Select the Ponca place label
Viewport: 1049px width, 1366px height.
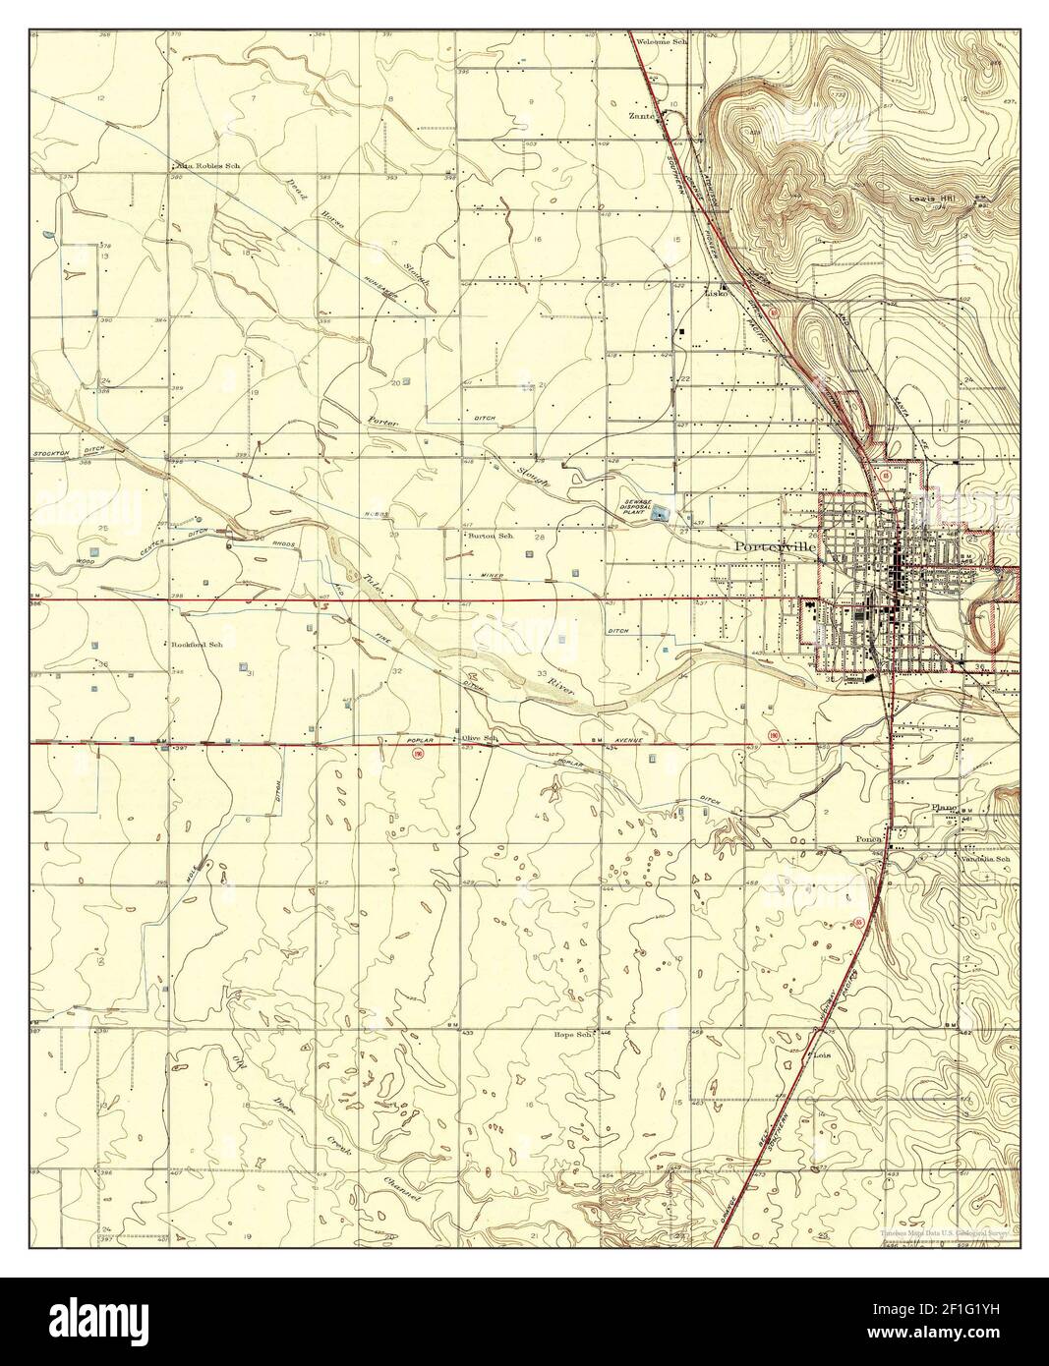868,839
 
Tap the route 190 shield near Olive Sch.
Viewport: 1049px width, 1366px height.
419,755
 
